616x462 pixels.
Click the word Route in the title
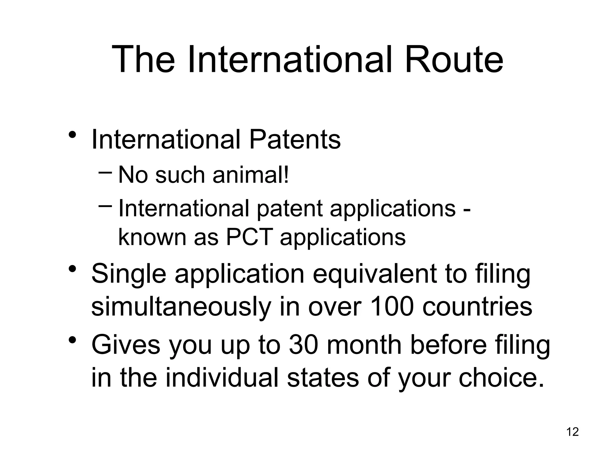pyautogui.click(x=454, y=59)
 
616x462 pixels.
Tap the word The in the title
pyautogui.click(x=143, y=59)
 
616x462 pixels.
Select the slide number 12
pyautogui.click(x=572, y=432)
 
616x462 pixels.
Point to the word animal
pyautogui.click(x=251, y=175)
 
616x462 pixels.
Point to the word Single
pyautogui.click(x=128, y=274)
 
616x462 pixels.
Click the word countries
pyautogui.click(x=477, y=307)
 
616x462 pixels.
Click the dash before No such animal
pyautogui.click(x=105, y=173)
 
